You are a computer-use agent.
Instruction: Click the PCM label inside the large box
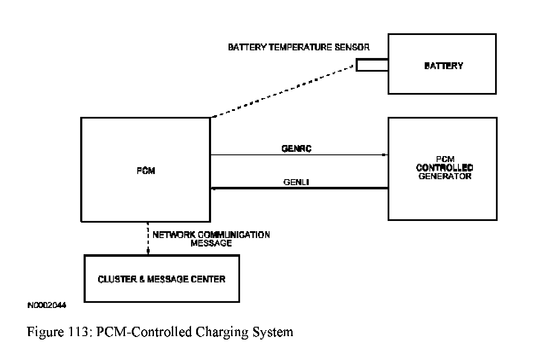coord(145,171)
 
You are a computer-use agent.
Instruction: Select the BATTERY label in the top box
coord(443,66)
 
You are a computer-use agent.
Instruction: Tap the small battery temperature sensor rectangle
coord(372,65)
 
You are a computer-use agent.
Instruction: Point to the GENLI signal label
coord(296,182)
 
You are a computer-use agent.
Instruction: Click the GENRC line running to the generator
coord(298,155)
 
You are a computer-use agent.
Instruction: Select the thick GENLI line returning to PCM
coord(298,188)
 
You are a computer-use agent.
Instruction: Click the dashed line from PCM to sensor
coord(281,91)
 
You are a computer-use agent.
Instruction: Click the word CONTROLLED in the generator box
coord(444,168)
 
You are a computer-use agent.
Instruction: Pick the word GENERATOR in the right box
coord(445,176)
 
